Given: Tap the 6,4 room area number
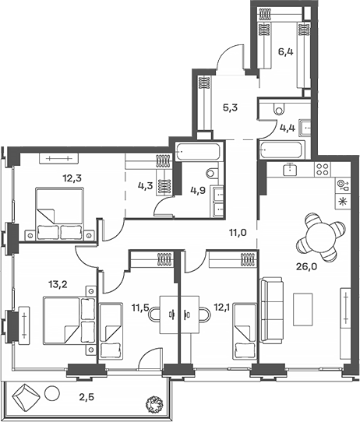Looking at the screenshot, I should point(285,53).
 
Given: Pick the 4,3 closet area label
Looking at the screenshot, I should point(146,185).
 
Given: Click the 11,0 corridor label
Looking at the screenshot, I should point(238,231).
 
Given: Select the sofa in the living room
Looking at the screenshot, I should point(272,309).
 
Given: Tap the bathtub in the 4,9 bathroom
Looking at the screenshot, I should point(200,151).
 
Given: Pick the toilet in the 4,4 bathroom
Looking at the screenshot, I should point(284,110).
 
